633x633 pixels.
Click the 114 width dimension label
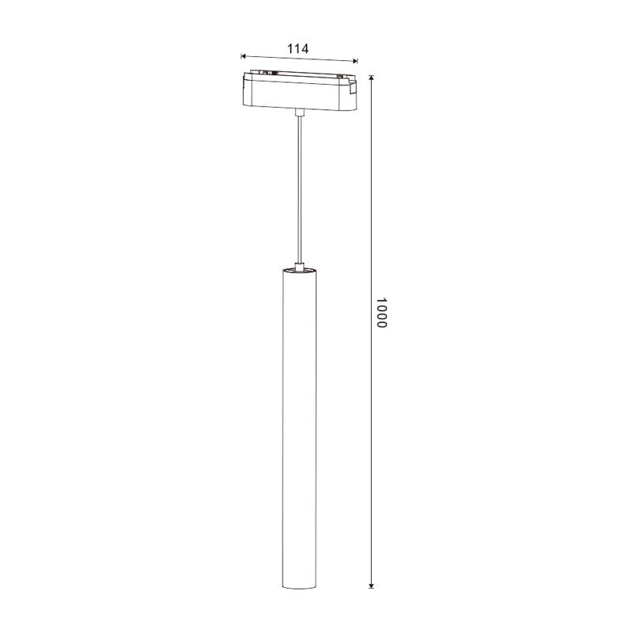coord(298,48)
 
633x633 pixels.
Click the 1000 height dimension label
coord(381,314)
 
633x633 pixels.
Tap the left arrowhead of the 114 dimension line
coord(244,56)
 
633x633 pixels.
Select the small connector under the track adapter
coord(299,114)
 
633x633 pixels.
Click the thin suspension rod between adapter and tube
coord(299,190)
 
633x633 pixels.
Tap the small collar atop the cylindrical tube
coord(299,265)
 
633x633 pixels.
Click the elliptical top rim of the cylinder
coord(299,272)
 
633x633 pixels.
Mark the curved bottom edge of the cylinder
coord(299,589)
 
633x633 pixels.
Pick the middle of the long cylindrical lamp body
coord(299,427)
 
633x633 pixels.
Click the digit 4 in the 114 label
coord(304,48)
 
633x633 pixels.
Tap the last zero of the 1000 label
coord(381,325)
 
